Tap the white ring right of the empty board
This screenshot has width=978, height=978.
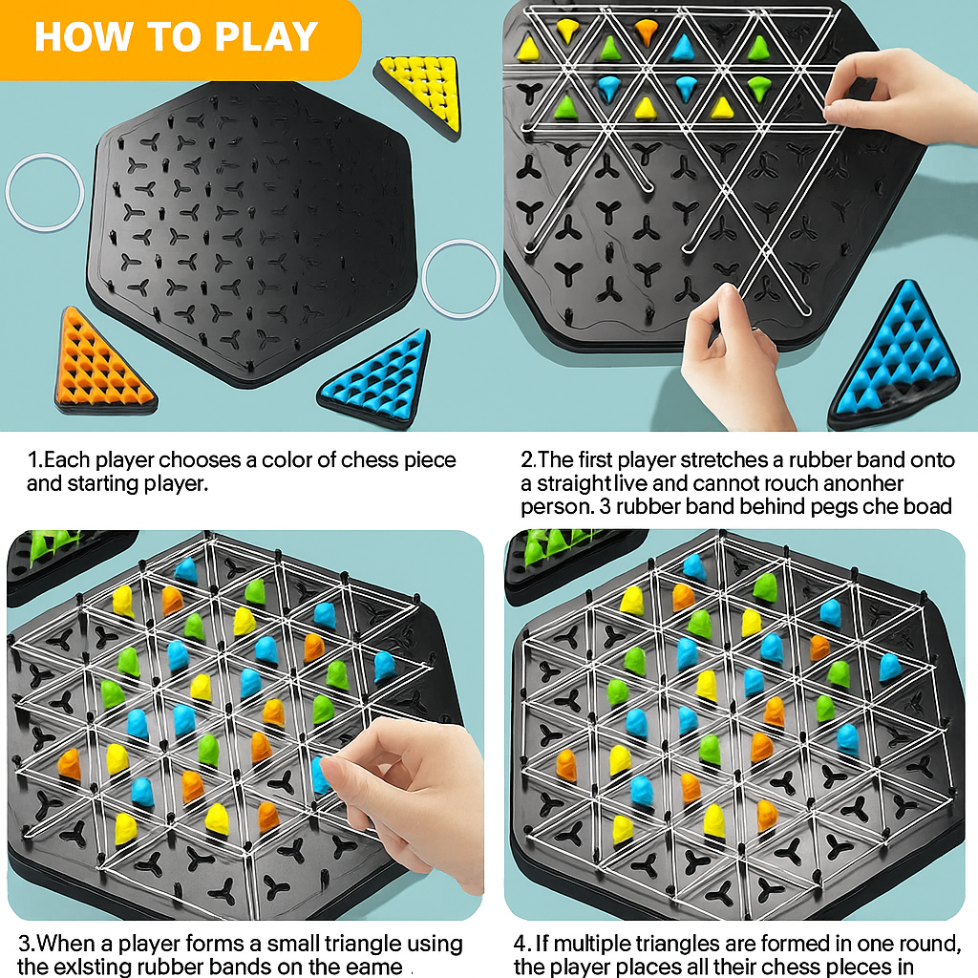pyautogui.click(x=459, y=278)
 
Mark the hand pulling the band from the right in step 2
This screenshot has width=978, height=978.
pyautogui.click(x=898, y=96)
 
